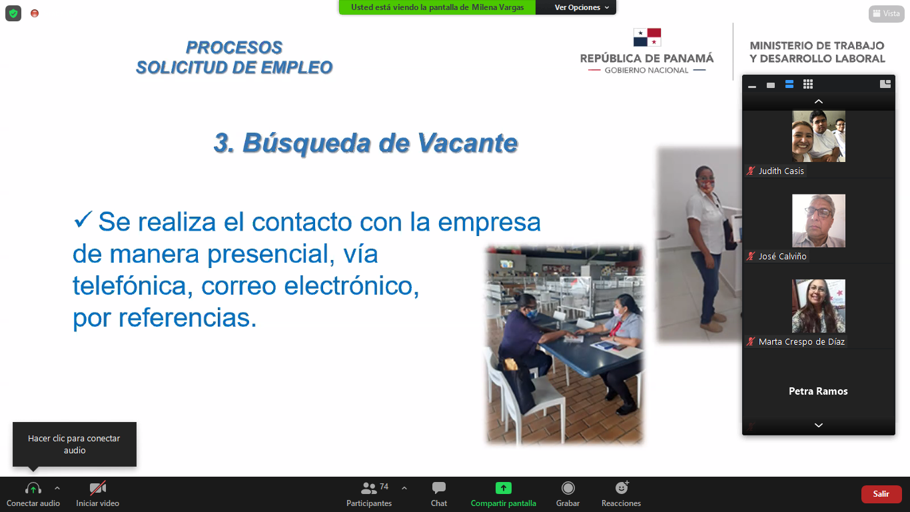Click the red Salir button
(x=881, y=494)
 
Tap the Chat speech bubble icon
(x=439, y=487)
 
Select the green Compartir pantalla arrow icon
(x=504, y=487)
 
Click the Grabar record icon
(x=568, y=487)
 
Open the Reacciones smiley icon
(x=622, y=487)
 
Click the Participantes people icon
(x=368, y=487)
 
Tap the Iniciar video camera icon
(x=97, y=487)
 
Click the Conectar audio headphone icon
(x=33, y=487)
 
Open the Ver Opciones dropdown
(x=582, y=7)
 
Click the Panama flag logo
(x=647, y=37)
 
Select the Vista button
(x=886, y=13)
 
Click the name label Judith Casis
(x=781, y=171)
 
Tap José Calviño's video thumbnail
(x=818, y=221)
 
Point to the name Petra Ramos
(x=818, y=391)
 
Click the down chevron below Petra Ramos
(x=819, y=425)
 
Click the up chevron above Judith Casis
(x=819, y=101)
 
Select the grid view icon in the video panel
(x=808, y=84)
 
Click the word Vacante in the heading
(x=467, y=143)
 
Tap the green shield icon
(x=13, y=13)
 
